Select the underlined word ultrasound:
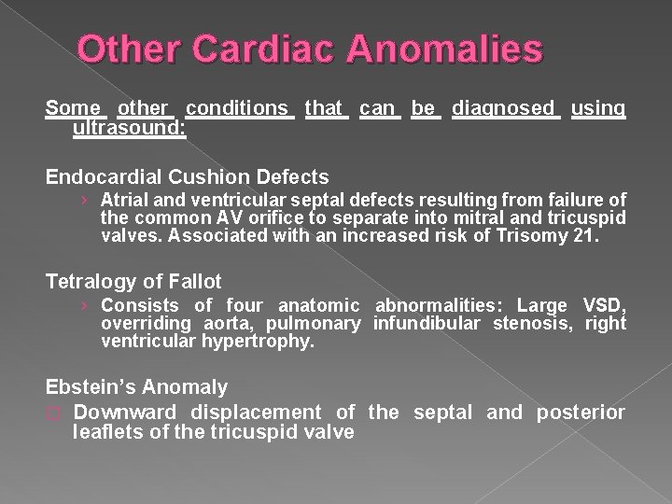(x=130, y=127)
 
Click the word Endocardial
(x=101, y=176)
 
